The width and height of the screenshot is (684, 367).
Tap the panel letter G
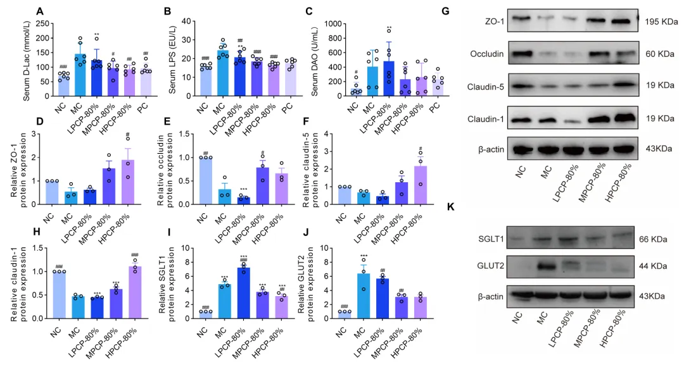446,11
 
